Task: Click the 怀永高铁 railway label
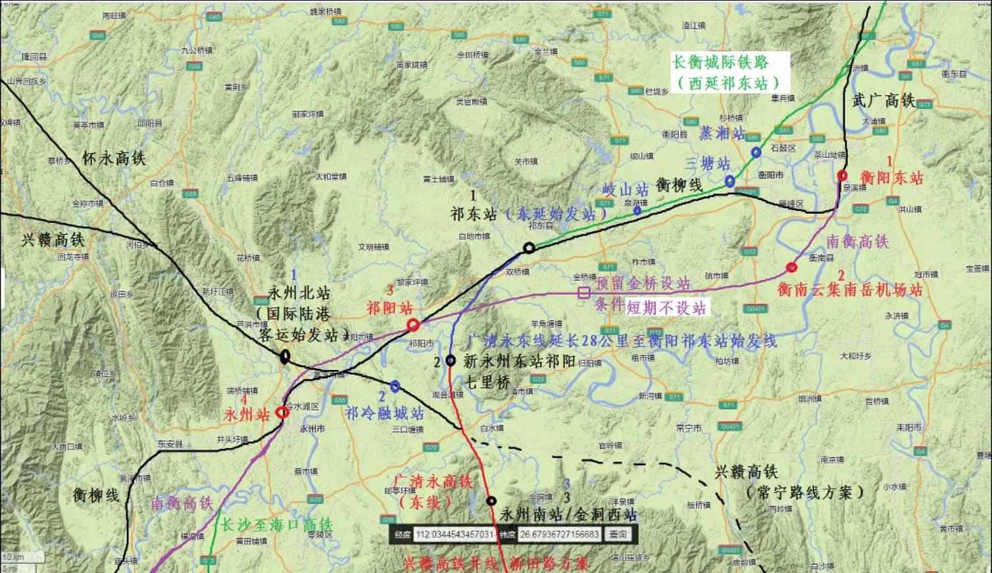tap(114, 159)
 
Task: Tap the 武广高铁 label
tap(883, 101)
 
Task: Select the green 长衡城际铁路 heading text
tap(720, 63)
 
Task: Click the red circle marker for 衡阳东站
tap(842, 175)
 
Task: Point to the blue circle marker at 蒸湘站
tap(756, 153)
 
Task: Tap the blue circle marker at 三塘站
tap(730, 181)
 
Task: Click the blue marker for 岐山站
tap(637, 211)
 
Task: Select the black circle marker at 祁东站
tap(529, 248)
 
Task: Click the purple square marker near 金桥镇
tap(583, 293)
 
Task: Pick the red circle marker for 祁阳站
tap(413, 324)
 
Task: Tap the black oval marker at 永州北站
tap(285, 357)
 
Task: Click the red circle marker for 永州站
tap(282, 412)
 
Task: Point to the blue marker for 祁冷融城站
tap(395, 386)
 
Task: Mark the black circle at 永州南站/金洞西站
tap(491, 501)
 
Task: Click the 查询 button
tap(618, 534)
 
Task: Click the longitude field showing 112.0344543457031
tap(455, 534)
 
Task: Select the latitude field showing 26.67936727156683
tap(558, 534)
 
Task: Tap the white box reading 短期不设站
tap(666, 307)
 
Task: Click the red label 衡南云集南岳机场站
tap(850, 290)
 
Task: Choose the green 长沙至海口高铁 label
tap(276, 526)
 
